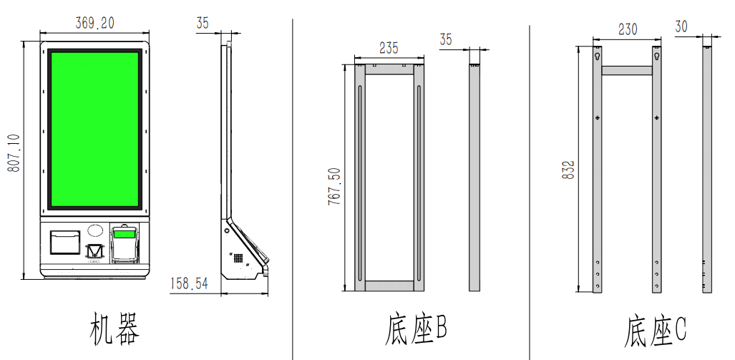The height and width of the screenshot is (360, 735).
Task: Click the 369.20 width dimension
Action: [x=95, y=23]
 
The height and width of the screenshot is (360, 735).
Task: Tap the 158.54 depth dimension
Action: [x=189, y=284]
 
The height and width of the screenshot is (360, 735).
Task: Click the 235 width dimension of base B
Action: [x=389, y=48]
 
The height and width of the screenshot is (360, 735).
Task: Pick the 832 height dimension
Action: [x=569, y=169]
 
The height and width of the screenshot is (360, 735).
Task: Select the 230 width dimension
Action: [x=627, y=29]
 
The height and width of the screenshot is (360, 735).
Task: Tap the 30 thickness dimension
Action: [x=681, y=26]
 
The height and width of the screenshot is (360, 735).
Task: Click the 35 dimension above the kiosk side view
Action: [x=203, y=24]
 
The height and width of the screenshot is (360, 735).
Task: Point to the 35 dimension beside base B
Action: [x=446, y=39]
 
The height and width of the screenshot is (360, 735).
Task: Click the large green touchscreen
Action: [x=94, y=130]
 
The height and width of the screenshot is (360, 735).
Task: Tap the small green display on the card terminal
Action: [x=124, y=234]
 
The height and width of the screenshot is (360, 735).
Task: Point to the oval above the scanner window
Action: [x=94, y=232]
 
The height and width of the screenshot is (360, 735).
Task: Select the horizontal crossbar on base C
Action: [x=627, y=70]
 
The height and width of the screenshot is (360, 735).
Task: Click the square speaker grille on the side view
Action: [x=238, y=256]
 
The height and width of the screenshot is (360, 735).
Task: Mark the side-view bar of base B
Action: [x=474, y=177]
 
